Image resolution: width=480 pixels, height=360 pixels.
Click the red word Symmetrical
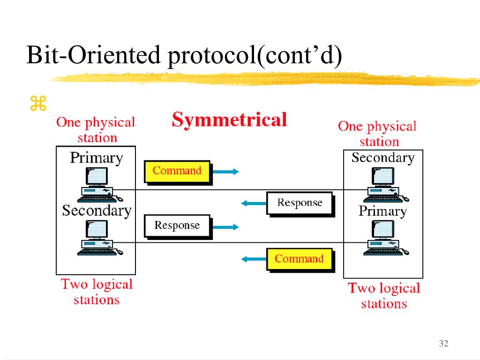click(229, 120)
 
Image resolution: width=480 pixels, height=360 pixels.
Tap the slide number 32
click(443, 343)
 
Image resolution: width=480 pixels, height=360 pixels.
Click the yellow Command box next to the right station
click(300, 259)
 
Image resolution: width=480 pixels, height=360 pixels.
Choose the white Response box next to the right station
click(300, 203)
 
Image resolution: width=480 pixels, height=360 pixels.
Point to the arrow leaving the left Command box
click(225, 172)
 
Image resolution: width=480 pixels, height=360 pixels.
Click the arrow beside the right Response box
click(254, 203)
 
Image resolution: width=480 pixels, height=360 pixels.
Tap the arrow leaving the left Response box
click(225, 227)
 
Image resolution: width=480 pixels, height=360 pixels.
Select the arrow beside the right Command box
click(254, 259)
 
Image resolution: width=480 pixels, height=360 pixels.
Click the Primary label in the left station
click(97, 158)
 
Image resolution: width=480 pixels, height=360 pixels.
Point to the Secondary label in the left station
click(97, 210)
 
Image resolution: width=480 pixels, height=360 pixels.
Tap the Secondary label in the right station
click(383, 157)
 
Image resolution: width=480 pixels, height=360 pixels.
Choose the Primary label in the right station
click(382, 211)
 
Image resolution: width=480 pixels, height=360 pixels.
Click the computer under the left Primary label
click(100, 185)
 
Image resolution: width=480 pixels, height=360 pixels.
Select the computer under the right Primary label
click(386, 238)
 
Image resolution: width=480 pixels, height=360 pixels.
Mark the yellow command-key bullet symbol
click(38, 103)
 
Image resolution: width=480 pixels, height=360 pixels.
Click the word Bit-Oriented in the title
click(93, 55)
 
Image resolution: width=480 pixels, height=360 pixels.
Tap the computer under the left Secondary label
click(100, 238)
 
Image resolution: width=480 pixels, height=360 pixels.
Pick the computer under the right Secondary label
click(386, 185)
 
